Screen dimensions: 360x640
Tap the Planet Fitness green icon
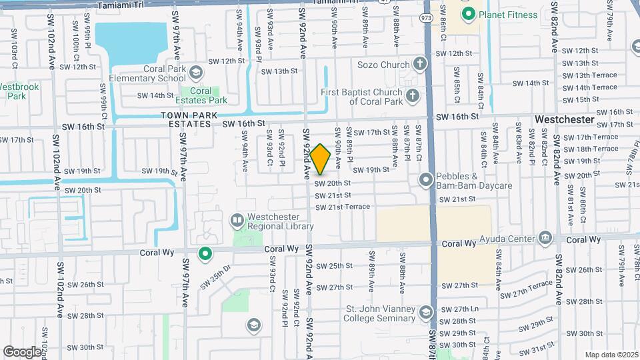pyautogui.click(x=469, y=14)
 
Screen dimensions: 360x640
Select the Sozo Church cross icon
pyautogui.click(x=419, y=65)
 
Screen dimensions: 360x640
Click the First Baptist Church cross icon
pyautogui.click(x=413, y=95)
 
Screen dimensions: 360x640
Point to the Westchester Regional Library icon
pyautogui.click(x=237, y=219)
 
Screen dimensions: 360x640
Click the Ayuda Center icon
pyautogui.click(x=546, y=238)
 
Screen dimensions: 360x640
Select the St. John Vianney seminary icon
pyautogui.click(x=425, y=312)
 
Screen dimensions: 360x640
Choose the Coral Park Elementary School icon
pyautogui.click(x=195, y=71)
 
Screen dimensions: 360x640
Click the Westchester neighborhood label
pyautogui.click(x=565, y=119)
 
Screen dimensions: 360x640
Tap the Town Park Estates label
pyautogui.click(x=190, y=119)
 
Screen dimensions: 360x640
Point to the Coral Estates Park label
pyautogui.click(x=201, y=96)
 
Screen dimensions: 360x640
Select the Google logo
pyautogui.click(x=21, y=351)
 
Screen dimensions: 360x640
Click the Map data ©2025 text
pyautogui.click(x=610, y=355)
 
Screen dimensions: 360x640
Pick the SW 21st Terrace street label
pyautogui.click(x=343, y=207)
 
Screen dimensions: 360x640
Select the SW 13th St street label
pyautogui.click(x=279, y=71)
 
